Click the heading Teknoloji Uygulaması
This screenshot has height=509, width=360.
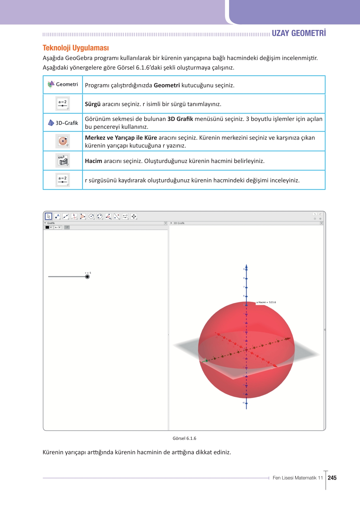coord(76,48)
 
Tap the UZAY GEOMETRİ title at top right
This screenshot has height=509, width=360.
coord(298,33)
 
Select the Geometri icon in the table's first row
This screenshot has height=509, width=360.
coord(51,84)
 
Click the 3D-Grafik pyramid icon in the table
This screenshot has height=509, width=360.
coord(51,123)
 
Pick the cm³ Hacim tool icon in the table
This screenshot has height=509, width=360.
coord(63,161)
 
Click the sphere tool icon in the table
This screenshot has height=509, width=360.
coord(63,141)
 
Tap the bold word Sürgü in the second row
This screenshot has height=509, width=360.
coord(92,104)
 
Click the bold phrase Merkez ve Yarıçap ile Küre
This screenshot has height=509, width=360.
coord(121,138)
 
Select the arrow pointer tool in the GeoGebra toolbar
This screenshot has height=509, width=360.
coord(49,216)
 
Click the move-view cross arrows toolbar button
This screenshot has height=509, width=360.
coord(134,216)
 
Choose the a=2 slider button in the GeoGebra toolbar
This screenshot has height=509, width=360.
coord(125,216)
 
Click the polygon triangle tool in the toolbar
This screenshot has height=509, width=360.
coord(83,216)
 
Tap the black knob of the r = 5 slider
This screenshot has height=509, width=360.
coord(87,277)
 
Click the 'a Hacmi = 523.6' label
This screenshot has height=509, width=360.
coord(266,302)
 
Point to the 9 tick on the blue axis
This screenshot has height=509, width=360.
coord(246,269)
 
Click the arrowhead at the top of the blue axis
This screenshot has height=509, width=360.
coord(246,266)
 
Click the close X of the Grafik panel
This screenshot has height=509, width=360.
coord(166,223)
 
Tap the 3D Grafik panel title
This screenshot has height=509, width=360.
coord(179,223)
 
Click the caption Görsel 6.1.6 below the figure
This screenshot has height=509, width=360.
coord(184,438)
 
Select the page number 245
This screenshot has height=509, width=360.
coord(332,478)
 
